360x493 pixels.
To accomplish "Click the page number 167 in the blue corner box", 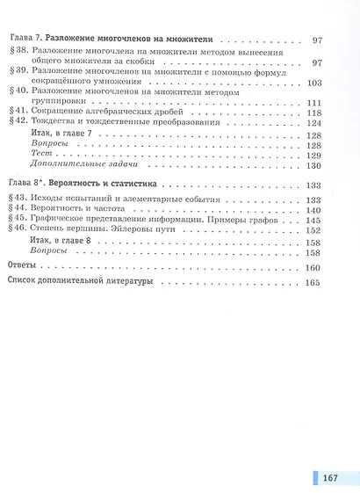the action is (330, 455).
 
